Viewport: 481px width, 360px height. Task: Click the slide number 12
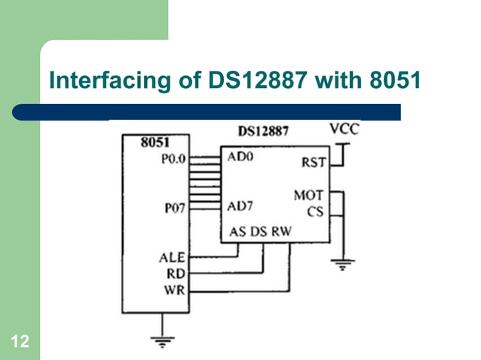coord(20,343)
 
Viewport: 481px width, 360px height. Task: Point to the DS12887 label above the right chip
coord(263,132)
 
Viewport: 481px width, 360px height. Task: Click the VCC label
coord(345,129)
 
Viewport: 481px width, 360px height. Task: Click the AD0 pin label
coord(242,158)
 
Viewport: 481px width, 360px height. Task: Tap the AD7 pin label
coord(242,208)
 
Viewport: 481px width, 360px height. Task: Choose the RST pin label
coord(313,163)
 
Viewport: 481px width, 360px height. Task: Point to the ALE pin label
coord(170,258)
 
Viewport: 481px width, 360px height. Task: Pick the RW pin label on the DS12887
coord(281,230)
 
